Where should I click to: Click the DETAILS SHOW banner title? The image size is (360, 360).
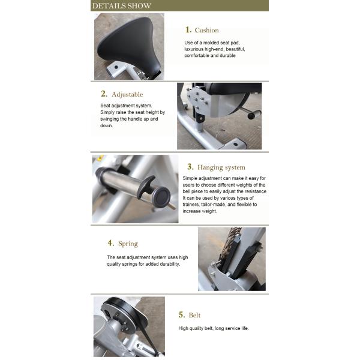pyautogui.click(x=121, y=6)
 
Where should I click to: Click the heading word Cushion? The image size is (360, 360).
pyautogui.click(x=206, y=31)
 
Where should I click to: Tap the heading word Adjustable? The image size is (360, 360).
pyautogui.click(x=127, y=94)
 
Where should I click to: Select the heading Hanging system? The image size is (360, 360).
pyautogui.click(x=221, y=167)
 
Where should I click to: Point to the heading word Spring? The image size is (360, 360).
pyautogui.click(x=128, y=244)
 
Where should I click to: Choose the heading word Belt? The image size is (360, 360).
pyautogui.click(x=194, y=315)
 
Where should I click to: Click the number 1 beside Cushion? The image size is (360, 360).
pyautogui.click(x=188, y=29)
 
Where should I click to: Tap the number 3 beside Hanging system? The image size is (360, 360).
pyautogui.click(x=190, y=166)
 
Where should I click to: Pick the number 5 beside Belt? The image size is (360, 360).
pyautogui.click(x=182, y=314)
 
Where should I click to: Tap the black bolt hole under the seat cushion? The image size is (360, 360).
pyautogui.click(x=116, y=67)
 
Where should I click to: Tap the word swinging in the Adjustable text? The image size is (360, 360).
pyautogui.click(x=110, y=119)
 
